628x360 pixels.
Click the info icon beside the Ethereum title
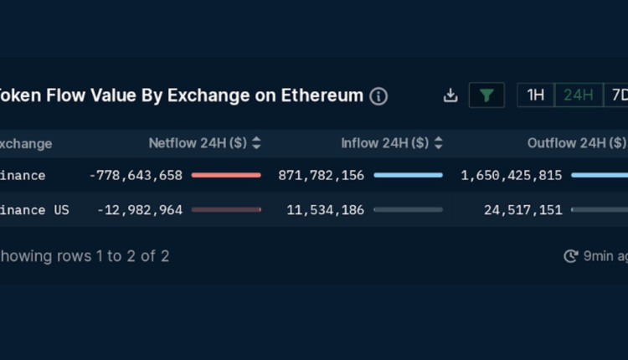378,95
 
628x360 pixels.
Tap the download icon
450,95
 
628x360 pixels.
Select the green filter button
486,95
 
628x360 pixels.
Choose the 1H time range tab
536,95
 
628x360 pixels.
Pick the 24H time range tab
578,95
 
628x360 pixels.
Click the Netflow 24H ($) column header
198,143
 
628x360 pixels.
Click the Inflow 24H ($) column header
385,143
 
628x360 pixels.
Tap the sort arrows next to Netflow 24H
256,143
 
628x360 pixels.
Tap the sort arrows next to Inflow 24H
439,143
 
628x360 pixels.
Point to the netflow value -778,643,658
136,176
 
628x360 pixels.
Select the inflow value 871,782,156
322,176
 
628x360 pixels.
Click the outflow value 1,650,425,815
512,176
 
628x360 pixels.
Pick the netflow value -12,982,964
140,210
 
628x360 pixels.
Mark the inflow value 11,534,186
326,210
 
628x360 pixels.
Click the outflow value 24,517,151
523,210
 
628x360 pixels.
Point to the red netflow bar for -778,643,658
226,176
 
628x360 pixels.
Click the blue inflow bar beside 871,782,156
408,176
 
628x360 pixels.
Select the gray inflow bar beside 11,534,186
408,210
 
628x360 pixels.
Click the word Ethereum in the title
321,95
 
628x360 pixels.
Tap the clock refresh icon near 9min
571,256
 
